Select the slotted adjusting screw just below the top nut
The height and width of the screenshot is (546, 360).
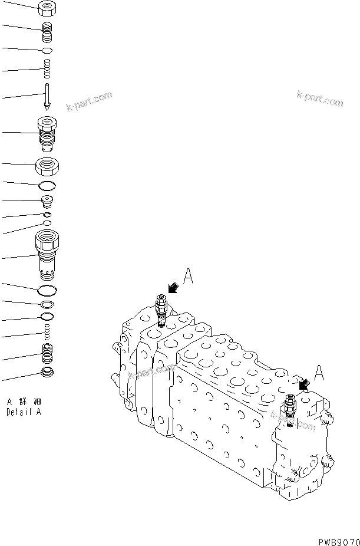point(47,30)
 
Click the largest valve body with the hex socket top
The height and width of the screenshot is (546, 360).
point(47,255)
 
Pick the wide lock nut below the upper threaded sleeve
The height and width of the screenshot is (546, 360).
point(47,167)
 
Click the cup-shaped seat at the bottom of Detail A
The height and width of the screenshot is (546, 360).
point(47,373)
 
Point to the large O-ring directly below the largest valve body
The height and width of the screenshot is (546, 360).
point(47,291)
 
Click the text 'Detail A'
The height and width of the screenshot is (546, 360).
point(24,413)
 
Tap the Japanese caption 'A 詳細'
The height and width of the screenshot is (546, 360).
point(24,403)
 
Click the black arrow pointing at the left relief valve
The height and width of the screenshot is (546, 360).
point(173,288)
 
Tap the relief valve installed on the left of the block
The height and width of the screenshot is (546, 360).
point(160,310)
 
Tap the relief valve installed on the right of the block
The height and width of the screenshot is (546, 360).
point(289,407)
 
